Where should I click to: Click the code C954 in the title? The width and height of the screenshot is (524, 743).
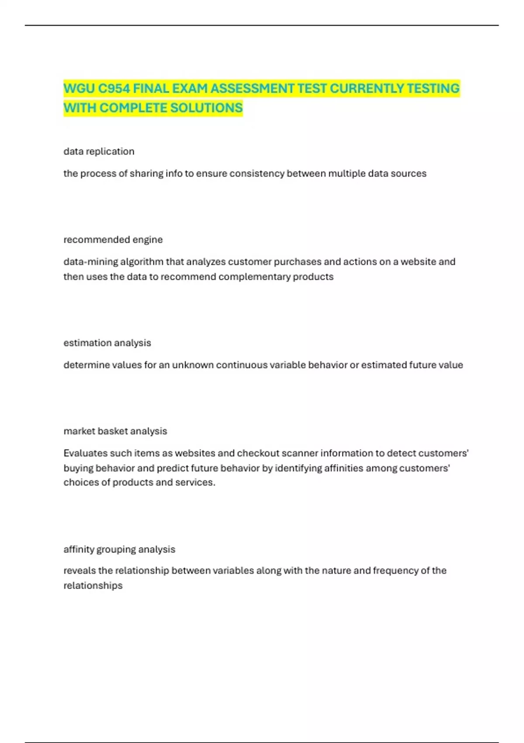coord(114,88)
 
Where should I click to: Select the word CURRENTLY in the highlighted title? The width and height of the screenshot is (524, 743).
coord(366,88)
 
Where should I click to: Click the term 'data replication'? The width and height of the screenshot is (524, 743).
coord(99,151)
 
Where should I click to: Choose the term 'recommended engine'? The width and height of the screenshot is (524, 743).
coord(113,240)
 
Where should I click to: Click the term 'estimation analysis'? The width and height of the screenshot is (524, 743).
coord(107,343)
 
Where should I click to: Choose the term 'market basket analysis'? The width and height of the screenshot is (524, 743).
coord(115,431)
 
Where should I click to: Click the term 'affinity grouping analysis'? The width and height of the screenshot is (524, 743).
coord(119,549)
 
